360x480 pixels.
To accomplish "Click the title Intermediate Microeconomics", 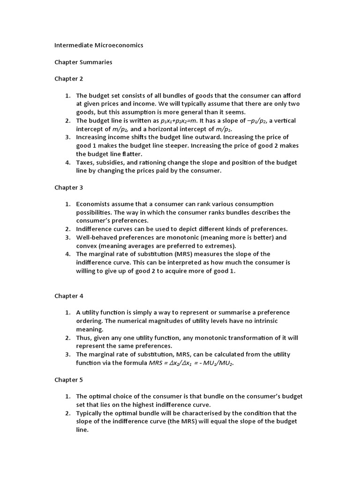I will (x=98, y=45).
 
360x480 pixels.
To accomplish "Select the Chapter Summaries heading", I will (x=83, y=62).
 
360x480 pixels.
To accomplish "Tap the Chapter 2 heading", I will (x=68, y=79).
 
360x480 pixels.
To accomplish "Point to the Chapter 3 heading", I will (x=68, y=187).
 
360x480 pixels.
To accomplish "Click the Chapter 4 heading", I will (x=68, y=296).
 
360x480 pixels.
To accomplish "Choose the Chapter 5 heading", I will (x=68, y=380).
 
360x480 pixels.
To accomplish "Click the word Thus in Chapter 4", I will (x=84, y=337).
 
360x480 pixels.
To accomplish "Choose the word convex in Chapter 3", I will (x=87, y=246).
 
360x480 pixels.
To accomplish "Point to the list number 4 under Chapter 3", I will (x=67, y=254).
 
